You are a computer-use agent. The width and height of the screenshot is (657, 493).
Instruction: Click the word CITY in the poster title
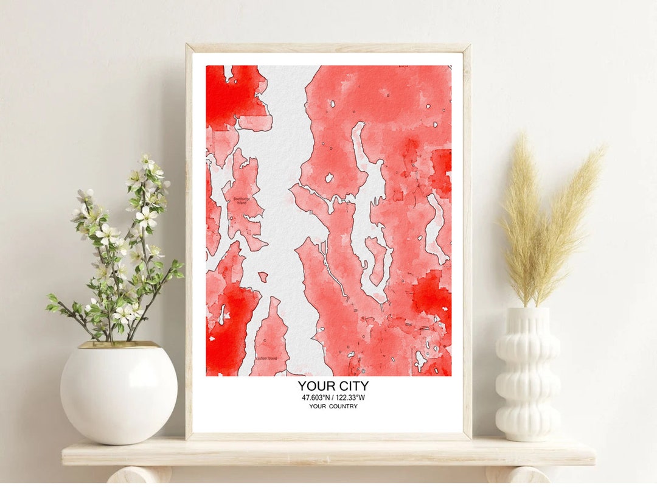[352, 386]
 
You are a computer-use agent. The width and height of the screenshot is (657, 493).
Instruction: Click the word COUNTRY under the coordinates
[344, 407]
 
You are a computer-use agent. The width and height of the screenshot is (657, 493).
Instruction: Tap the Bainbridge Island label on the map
[241, 200]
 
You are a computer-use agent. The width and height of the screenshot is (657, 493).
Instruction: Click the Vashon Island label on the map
[266, 358]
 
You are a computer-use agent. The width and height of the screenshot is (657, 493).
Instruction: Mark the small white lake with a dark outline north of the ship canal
[329, 178]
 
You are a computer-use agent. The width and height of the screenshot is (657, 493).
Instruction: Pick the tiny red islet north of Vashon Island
[263, 276]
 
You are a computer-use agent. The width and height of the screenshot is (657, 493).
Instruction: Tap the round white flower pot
[119, 393]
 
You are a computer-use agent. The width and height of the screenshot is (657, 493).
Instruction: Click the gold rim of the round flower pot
[119, 345]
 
